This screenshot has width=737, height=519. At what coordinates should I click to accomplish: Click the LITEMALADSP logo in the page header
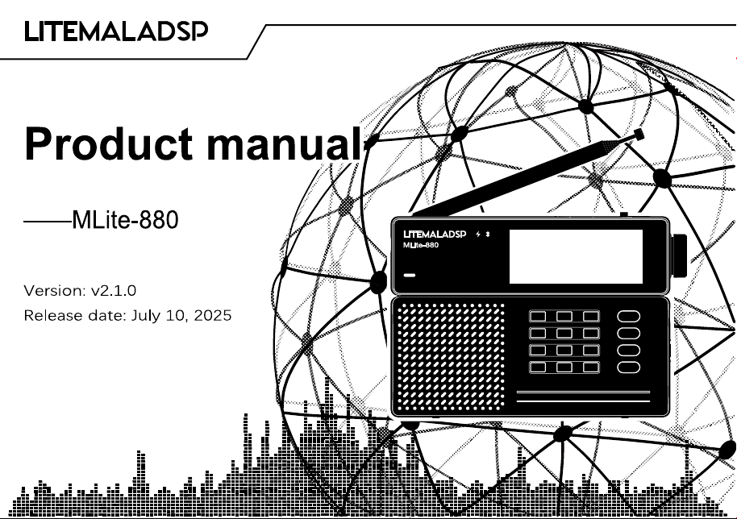[116, 31]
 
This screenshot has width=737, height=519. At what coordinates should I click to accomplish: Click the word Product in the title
[109, 143]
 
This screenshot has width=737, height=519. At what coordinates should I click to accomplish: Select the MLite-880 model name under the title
[125, 220]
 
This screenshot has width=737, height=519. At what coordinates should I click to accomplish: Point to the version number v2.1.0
[114, 290]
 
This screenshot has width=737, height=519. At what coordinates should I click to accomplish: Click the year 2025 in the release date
[212, 314]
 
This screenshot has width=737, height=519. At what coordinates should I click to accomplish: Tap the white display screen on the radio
[576, 256]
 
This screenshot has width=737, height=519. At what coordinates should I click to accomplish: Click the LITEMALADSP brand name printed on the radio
[435, 235]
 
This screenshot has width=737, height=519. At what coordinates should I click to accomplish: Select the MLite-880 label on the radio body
[421, 245]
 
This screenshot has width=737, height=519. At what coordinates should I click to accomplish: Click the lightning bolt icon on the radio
[478, 235]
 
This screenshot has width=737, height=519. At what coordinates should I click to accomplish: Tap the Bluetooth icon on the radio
[488, 234]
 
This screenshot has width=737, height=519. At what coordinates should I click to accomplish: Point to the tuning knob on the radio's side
[679, 255]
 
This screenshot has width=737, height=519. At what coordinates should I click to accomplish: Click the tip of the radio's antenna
[639, 135]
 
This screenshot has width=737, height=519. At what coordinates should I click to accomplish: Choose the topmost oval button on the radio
[628, 316]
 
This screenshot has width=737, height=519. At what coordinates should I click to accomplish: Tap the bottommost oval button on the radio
[628, 367]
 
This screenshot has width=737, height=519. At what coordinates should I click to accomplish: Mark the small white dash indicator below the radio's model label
[410, 276]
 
